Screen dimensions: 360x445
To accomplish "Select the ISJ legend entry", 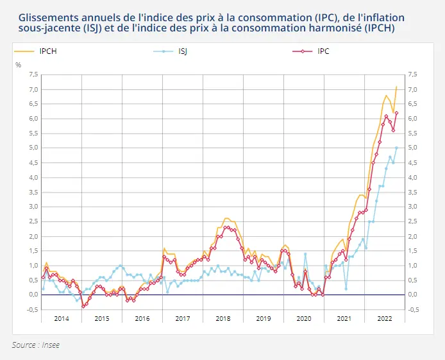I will tap(183, 51).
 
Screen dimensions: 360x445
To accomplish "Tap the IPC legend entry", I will tap(323, 51).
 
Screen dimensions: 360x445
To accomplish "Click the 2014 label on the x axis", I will tap(62, 318).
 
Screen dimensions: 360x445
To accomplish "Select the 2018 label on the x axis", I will tap(223, 318).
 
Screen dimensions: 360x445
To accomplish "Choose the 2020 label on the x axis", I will tap(303, 318).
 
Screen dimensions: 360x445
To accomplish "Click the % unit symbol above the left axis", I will tap(18, 65).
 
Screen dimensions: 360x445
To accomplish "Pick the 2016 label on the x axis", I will tap(142, 318).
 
